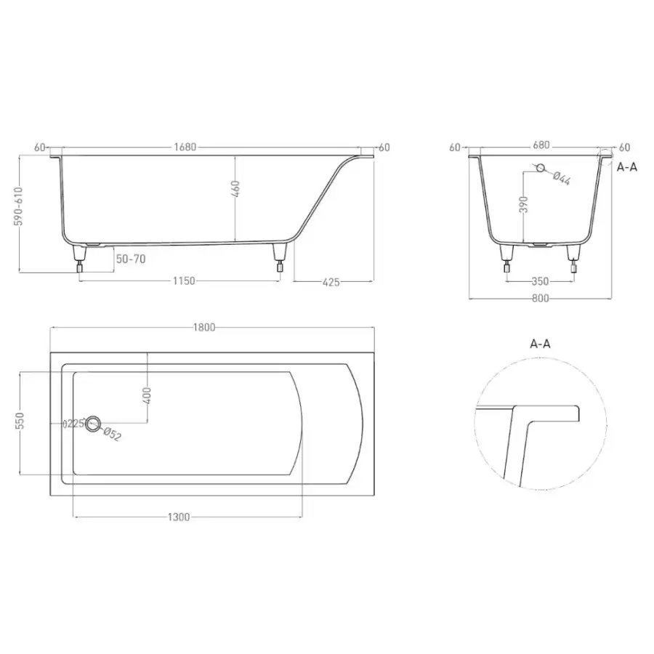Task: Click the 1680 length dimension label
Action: [185, 148]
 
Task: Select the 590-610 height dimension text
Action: [19, 206]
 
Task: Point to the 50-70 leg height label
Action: [131, 259]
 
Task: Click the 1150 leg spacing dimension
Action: [184, 280]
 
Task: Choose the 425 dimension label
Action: [331, 283]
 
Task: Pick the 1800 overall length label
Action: [204, 328]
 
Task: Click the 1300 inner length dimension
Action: [179, 517]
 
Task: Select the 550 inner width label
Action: [20, 421]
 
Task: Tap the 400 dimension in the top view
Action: [146, 396]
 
